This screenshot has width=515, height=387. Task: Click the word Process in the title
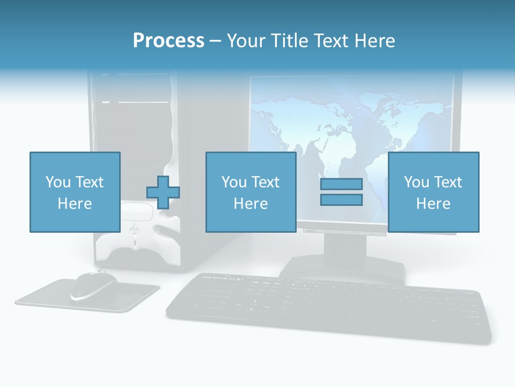tap(168, 41)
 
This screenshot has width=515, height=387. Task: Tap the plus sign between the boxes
tap(163, 192)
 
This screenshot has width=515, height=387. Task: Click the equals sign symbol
tap(341, 192)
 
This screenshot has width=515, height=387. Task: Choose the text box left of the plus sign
tap(75, 192)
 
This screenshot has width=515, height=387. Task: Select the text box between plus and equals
tap(251, 192)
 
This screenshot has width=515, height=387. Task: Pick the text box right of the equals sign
tap(433, 192)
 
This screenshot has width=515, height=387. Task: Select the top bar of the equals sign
tap(341, 184)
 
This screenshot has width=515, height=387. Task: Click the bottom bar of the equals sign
tap(341, 200)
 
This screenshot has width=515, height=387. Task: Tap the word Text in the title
tap(332, 41)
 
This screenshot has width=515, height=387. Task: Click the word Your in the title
tap(246, 41)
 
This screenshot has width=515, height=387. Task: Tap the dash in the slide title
tap(215, 41)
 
